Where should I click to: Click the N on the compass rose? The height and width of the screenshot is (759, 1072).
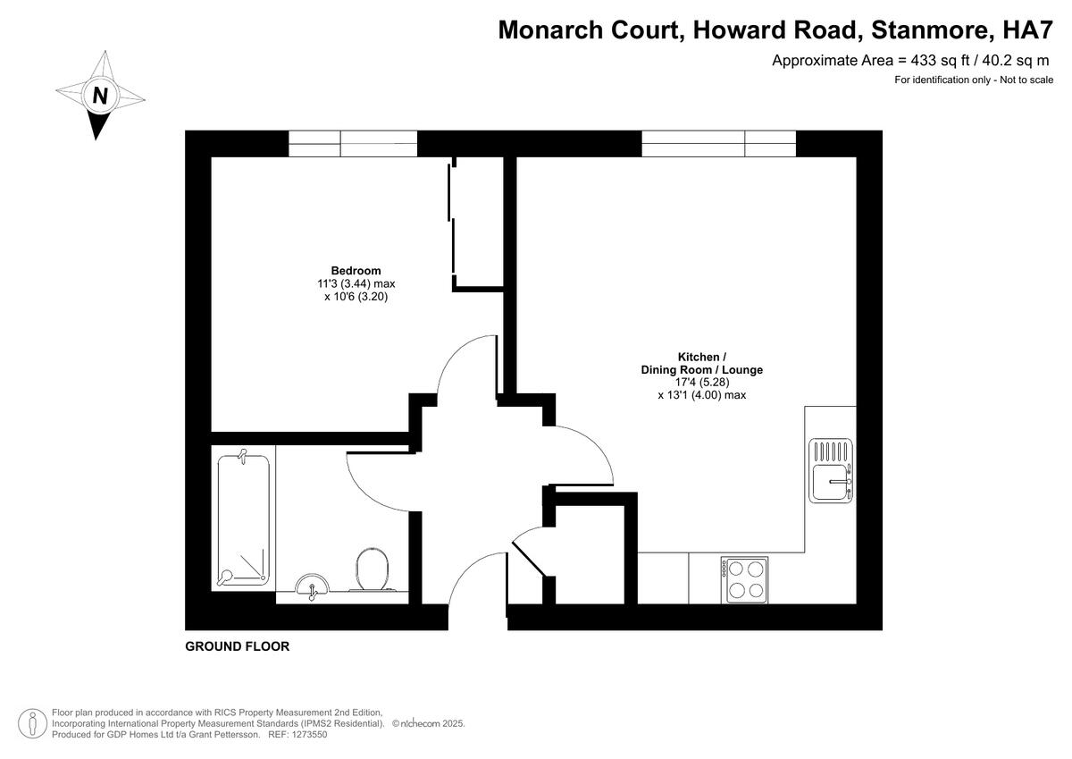pyautogui.click(x=100, y=95)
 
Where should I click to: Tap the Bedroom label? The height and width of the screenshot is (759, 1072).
pyautogui.click(x=356, y=271)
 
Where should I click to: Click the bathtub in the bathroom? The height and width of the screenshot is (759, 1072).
pyautogui.click(x=243, y=519)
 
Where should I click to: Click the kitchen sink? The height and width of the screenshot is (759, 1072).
pyautogui.click(x=831, y=471)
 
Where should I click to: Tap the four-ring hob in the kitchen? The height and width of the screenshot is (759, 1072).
pyautogui.click(x=745, y=578)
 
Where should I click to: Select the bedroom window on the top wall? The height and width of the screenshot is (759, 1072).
pyautogui.click(x=353, y=143)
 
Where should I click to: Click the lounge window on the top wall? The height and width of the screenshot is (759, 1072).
pyautogui.click(x=718, y=143)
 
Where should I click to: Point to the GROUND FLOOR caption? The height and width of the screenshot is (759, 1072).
pyautogui.click(x=237, y=646)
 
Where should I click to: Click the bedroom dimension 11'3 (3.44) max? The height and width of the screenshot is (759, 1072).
pyautogui.click(x=356, y=284)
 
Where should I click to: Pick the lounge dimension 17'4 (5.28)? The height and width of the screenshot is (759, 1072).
pyautogui.click(x=701, y=382)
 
